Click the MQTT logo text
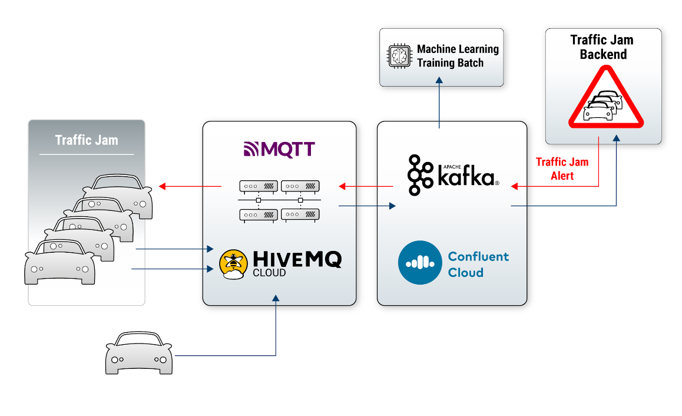[279, 149]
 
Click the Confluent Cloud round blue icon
[419, 263]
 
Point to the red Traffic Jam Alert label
[562, 169]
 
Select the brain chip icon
[398, 57]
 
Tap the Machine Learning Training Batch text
[458, 57]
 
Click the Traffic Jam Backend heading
[602, 47]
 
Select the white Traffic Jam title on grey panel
[87, 140]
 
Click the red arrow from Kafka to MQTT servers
[366, 187]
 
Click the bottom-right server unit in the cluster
[300, 215]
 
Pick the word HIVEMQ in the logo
[297, 259]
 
